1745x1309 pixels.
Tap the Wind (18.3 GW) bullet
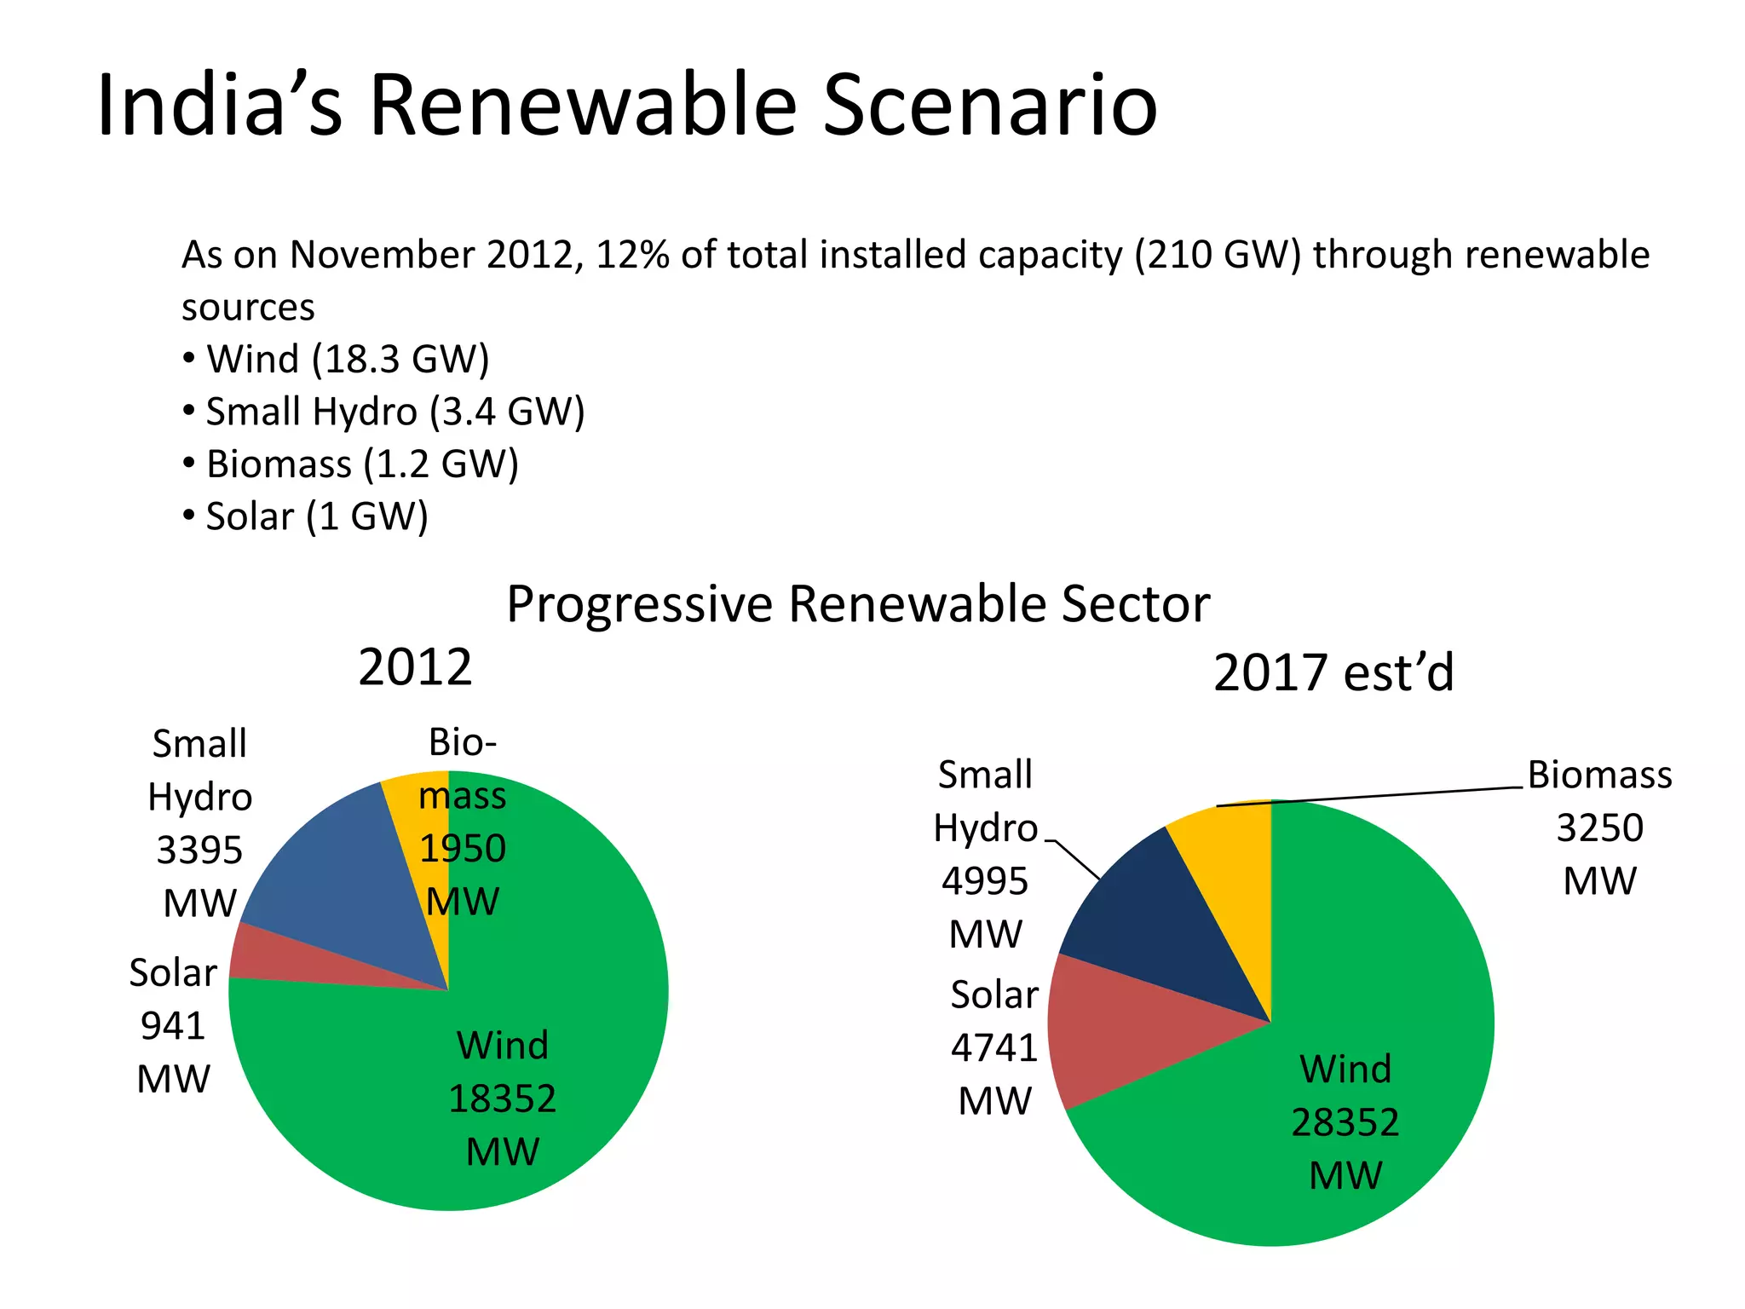tap(347, 359)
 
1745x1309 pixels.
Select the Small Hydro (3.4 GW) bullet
tap(394, 412)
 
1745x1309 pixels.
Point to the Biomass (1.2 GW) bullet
tap(361, 464)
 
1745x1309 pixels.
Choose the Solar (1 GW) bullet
tap(316, 516)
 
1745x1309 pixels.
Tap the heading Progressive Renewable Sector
tap(857, 604)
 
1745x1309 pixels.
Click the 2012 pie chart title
tap(415, 667)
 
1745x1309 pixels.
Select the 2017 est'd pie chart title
tap(1333, 672)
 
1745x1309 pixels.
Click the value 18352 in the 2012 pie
tap(502, 1099)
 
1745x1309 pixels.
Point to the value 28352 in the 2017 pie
tap(1345, 1122)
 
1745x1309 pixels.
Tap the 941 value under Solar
tap(173, 1026)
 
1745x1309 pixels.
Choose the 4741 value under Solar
tap(994, 1047)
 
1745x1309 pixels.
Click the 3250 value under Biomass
tap(1599, 828)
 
